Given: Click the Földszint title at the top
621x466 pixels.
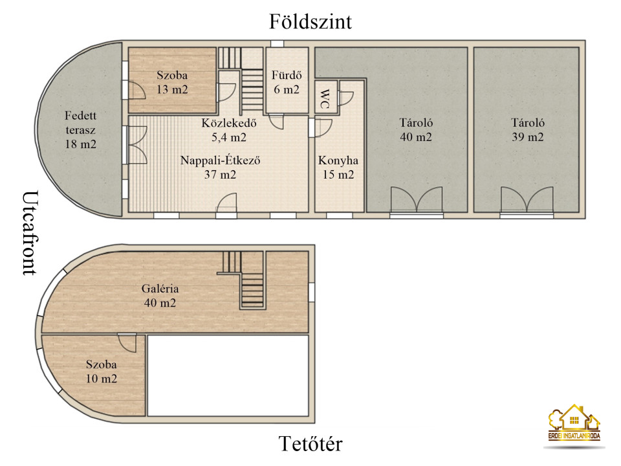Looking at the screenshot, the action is click(310, 22).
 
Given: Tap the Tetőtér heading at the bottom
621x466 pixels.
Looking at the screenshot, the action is click(310, 444).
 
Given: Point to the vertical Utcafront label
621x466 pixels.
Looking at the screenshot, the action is click(30, 233).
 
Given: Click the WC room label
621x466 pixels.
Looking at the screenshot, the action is click(324, 98).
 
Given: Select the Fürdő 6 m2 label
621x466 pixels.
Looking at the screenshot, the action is click(287, 82).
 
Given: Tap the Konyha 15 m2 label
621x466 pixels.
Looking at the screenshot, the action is click(338, 167).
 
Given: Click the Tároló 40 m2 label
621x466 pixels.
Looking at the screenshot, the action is click(416, 129).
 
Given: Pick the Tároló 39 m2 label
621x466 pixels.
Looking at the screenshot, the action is click(528, 129).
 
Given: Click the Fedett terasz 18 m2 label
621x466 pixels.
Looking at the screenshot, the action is click(80, 129).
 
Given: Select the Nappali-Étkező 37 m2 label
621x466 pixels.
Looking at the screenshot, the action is click(220, 167).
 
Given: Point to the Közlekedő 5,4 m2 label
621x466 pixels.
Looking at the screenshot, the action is click(229, 130).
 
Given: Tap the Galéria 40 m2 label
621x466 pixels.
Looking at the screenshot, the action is click(160, 296).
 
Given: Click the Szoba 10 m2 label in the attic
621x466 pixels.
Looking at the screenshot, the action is click(102, 372).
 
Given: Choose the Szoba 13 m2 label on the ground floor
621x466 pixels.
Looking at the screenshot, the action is click(172, 82).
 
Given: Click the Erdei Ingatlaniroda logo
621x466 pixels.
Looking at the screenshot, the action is click(574, 423).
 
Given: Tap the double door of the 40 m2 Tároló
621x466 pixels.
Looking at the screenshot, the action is click(416, 200).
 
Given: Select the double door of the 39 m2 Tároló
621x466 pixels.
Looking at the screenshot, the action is click(527, 200).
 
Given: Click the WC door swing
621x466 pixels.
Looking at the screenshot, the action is click(345, 98).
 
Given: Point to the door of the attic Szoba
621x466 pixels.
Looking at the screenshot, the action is click(127, 343).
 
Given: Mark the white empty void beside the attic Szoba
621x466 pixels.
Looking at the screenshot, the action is click(228, 375).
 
